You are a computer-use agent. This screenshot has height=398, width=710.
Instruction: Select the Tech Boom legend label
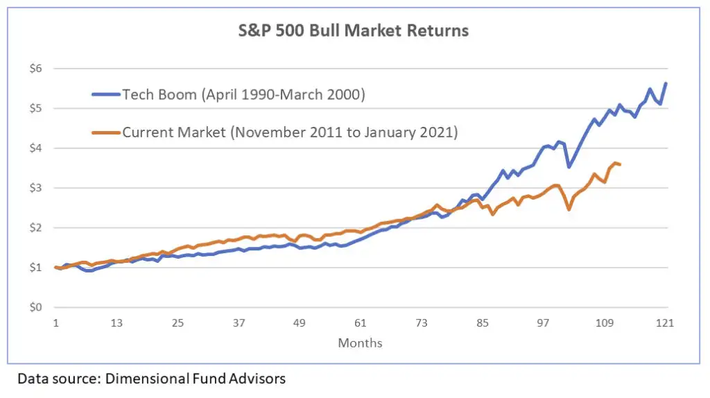pos(243,95)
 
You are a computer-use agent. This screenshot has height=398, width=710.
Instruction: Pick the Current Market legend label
pos(290,132)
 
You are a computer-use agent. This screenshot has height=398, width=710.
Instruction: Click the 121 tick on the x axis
pos(666,323)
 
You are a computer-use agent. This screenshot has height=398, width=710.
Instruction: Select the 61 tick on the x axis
pos(361,323)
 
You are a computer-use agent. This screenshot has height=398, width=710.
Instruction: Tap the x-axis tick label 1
pos(55,323)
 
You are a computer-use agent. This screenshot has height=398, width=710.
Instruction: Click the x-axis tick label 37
pos(239,323)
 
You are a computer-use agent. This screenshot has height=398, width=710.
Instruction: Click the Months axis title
pos(360,343)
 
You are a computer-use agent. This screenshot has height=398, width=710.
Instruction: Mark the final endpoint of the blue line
pos(666,83)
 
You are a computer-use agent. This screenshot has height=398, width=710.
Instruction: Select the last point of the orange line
pos(619,164)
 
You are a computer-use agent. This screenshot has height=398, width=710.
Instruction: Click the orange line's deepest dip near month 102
pos(569,209)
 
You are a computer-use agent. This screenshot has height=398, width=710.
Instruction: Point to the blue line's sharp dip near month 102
pos(569,166)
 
